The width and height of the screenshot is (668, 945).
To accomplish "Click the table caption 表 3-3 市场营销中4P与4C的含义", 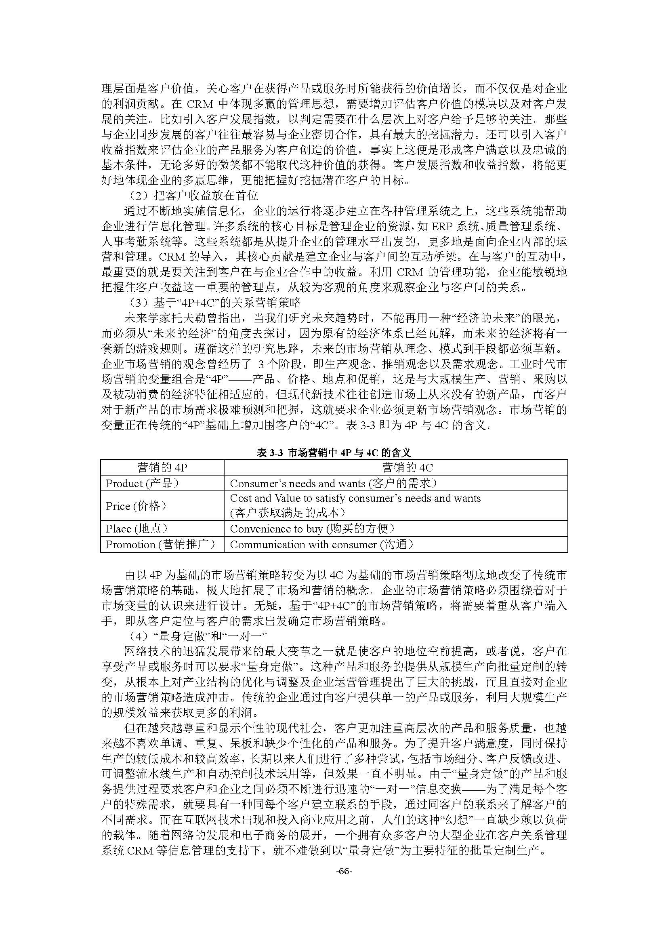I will click(x=334, y=453).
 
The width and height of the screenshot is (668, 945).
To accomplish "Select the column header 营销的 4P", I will click(x=162, y=467).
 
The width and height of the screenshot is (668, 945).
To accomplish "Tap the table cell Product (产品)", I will click(x=142, y=483).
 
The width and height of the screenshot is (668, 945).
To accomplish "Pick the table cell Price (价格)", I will click(x=136, y=506).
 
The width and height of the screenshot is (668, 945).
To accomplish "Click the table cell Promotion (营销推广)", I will click(x=160, y=545).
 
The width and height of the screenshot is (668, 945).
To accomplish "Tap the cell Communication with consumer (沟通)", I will click(x=321, y=545).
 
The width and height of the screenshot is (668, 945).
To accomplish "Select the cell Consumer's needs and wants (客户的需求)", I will click(x=333, y=483).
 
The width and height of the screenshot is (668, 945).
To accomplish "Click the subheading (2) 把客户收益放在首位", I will click(x=193, y=195).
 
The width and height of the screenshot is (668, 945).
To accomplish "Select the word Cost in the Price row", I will click(x=241, y=499).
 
